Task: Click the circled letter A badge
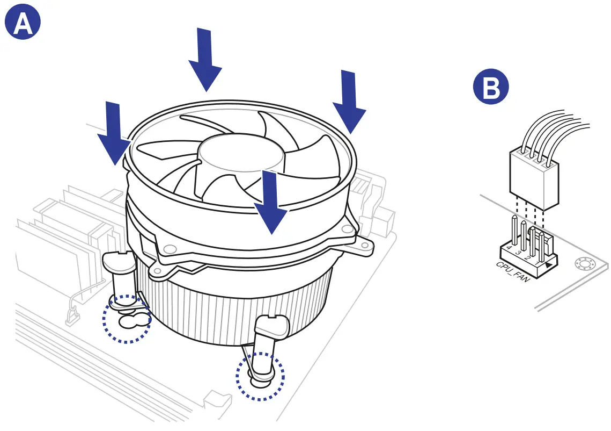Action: pos(23,24)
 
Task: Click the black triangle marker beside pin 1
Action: pos(548,265)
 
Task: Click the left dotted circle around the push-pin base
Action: pos(127,319)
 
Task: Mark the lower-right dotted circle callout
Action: pos(261,376)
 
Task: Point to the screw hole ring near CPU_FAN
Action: pos(582,264)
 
